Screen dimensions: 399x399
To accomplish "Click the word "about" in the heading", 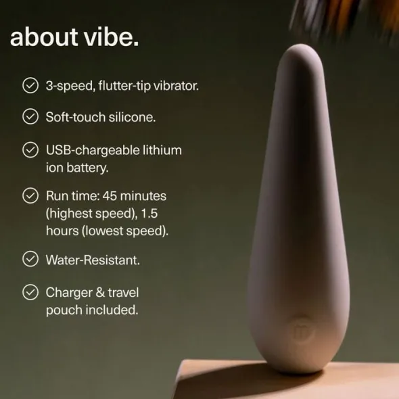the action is [x=44, y=37].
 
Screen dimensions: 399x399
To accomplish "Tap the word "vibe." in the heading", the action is [x=111, y=37].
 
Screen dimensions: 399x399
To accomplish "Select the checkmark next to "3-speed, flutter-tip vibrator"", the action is [x=30, y=85].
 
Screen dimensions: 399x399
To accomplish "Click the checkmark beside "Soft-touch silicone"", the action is [x=30, y=116].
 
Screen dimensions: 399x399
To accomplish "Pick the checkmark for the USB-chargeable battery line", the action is [x=30, y=150].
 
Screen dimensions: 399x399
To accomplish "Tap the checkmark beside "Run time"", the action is [x=30, y=195].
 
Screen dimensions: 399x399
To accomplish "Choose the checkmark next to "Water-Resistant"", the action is [x=30, y=259].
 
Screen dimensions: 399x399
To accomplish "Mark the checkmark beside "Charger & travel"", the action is [x=30, y=292].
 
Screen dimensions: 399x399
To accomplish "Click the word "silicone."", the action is [x=132, y=117].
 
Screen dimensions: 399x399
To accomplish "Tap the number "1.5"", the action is [x=149, y=213].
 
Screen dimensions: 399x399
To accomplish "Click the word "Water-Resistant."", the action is [x=93, y=260].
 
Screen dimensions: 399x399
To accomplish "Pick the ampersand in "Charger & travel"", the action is [x=100, y=292].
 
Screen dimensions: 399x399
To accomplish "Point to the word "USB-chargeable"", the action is [x=92, y=150].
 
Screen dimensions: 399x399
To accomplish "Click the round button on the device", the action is [x=302, y=331].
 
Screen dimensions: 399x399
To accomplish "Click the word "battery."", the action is [x=87, y=168].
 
